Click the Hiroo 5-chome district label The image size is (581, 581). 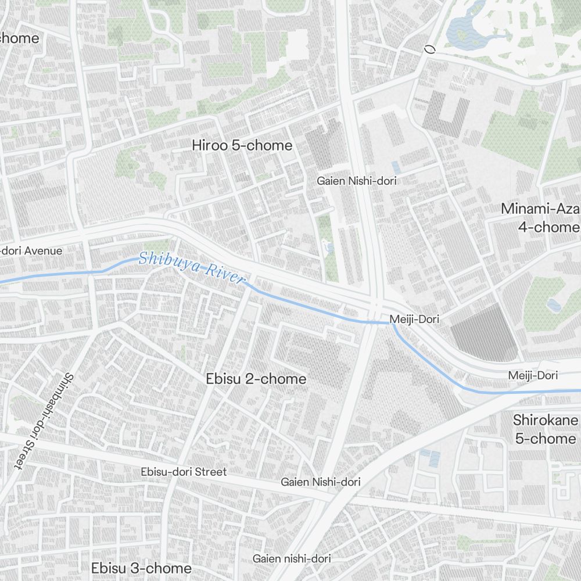pyautogui.click(x=242, y=145)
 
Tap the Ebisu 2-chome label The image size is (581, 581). pyautogui.click(x=256, y=379)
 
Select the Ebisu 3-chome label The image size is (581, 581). pyautogui.click(x=141, y=568)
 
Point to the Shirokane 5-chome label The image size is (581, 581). pyautogui.click(x=545, y=429)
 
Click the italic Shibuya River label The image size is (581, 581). pyautogui.click(x=192, y=267)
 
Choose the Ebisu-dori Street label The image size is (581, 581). pyautogui.click(x=184, y=472)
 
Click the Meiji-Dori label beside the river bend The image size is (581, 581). pyautogui.click(x=414, y=319)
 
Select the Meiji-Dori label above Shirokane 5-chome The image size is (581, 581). pyautogui.click(x=533, y=375)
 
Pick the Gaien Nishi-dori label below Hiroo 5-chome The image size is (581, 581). pyautogui.click(x=356, y=181)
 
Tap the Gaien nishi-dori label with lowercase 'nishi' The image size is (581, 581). pyautogui.click(x=292, y=558)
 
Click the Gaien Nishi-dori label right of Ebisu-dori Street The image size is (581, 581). pyautogui.click(x=320, y=482)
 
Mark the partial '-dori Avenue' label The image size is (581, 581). pyautogui.click(x=31, y=251)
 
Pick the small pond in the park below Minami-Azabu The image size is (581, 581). pyautogui.click(x=553, y=304)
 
